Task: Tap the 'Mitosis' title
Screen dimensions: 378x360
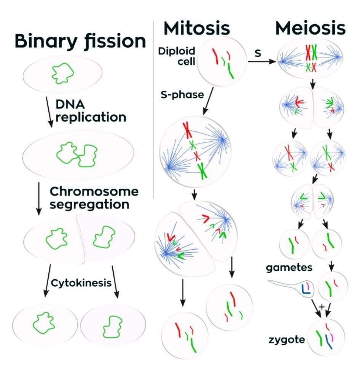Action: [197, 28]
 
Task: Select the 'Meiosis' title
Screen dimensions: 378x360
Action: [310, 28]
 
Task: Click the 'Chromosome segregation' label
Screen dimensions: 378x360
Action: [94, 197]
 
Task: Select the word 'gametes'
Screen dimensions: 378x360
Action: [289, 267]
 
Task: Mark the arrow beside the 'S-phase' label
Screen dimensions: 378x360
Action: [208, 101]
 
